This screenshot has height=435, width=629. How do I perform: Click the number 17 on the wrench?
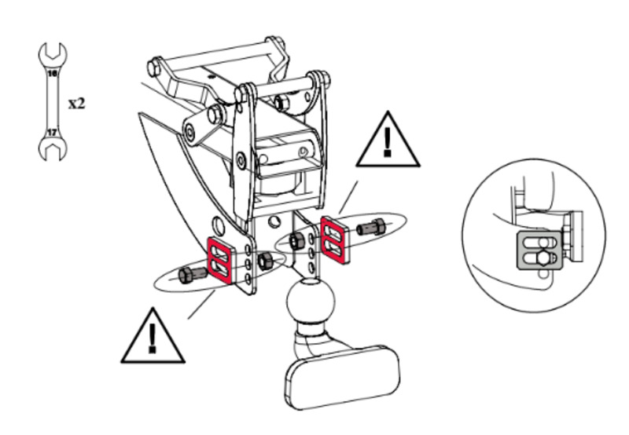(x=52, y=133)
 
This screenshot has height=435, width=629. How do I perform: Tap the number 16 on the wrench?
(x=53, y=73)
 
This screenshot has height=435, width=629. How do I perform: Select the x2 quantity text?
(x=76, y=104)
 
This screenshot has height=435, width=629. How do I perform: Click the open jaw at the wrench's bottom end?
(x=53, y=149)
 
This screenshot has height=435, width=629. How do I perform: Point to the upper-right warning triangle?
(x=388, y=140)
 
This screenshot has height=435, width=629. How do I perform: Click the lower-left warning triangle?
(x=153, y=336)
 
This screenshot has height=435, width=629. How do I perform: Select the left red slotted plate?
(x=220, y=261)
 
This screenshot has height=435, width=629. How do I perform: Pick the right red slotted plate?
(x=335, y=240)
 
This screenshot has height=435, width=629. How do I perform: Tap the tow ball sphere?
(x=310, y=302)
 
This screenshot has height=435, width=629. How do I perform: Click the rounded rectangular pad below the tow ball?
(x=342, y=378)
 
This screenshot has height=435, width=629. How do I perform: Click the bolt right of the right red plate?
(x=371, y=228)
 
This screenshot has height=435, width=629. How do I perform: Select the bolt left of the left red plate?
(x=192, y=275)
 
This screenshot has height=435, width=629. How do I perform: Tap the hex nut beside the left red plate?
(x=265, y=261)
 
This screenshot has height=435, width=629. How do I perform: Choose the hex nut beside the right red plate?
(x=297, y=241)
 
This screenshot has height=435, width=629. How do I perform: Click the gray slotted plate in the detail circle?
(x=539, y=250)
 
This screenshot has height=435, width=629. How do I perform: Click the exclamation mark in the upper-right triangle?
(x=387, y=142)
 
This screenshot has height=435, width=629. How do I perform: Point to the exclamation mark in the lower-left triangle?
(x=152, y=338)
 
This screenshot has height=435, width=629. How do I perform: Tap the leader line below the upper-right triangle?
(x=348, y=197)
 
